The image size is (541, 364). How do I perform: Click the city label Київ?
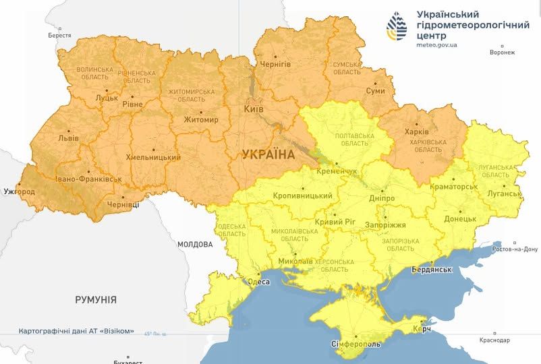[254, 109]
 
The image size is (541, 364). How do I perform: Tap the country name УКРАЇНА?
[268, 154]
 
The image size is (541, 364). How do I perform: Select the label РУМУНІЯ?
[96, 299]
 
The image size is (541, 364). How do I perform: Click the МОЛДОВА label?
[195, 244]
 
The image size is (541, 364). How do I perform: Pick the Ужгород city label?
[18, 191]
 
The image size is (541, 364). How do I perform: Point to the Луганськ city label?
[504, 193]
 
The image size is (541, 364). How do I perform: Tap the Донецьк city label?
[460, 219]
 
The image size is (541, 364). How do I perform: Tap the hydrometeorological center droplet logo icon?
[397, 27]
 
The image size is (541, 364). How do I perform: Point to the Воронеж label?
[502, 53]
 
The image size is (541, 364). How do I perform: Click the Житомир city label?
[201, 120]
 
